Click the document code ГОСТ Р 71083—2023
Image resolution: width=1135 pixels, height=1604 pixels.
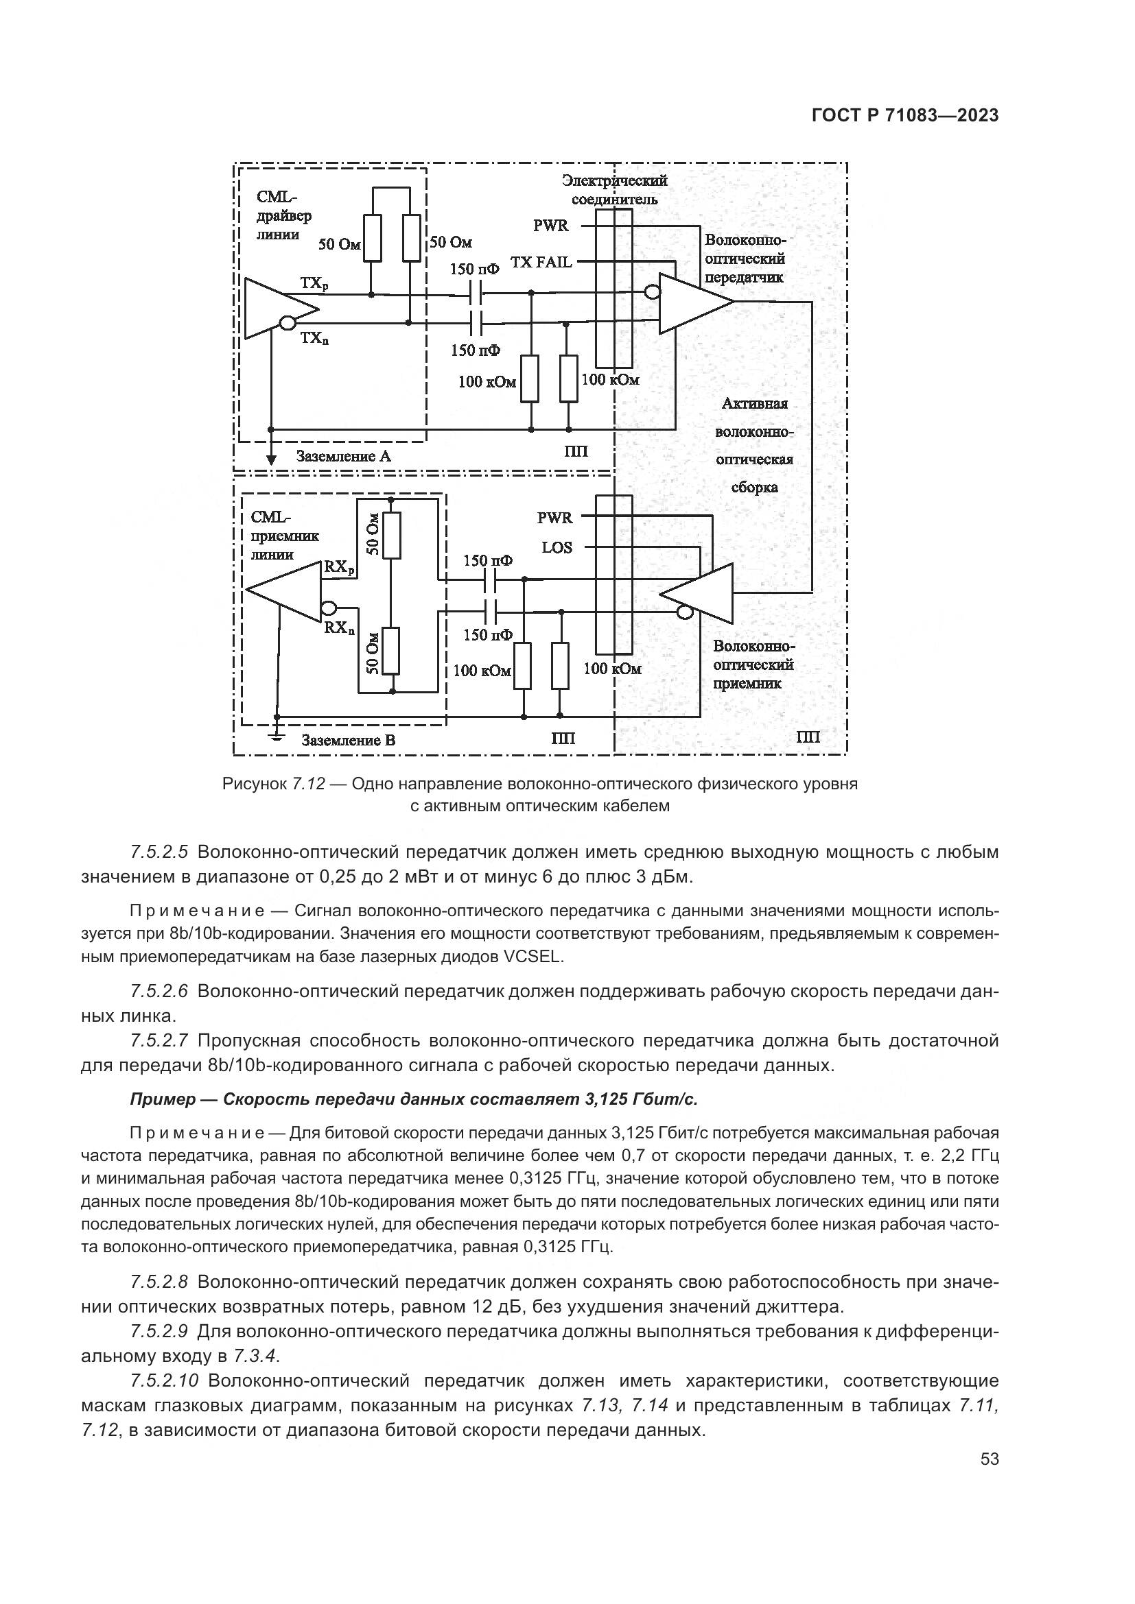click(904, 116)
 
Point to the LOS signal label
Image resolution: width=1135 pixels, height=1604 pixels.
click(557, 548)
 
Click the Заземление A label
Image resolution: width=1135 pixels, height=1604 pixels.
click(343, 457)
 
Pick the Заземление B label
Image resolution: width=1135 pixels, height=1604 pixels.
click(348, 740)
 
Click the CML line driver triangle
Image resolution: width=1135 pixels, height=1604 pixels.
click(275, 308)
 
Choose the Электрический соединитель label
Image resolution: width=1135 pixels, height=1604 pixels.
click(614, 189)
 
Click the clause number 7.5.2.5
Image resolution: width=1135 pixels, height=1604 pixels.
click(159, 852)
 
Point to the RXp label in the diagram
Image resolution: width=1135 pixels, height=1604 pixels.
click(339, 567)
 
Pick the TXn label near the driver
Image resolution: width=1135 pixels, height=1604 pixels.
click(314, 339)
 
